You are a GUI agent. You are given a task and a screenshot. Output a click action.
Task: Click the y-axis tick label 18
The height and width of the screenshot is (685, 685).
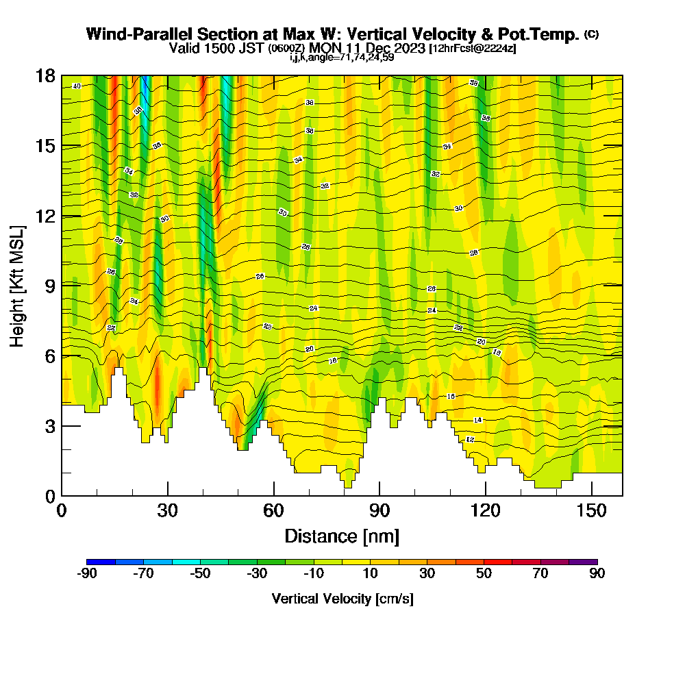click(45, 75)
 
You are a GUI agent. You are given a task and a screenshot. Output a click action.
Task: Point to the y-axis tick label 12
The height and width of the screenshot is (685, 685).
click(45, 216)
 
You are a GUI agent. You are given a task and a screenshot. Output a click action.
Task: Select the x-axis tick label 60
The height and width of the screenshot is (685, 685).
click(274, 510)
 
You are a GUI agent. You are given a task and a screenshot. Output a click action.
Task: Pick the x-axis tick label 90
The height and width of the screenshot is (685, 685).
click(379, 510)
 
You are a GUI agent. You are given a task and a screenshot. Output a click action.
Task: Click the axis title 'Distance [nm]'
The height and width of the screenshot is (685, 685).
click(342, 535)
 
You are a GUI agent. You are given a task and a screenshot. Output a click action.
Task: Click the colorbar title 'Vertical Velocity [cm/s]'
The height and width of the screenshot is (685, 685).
click(342, 599)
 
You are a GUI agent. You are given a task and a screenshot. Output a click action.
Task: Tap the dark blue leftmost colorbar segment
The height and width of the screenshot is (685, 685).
click(101, 562)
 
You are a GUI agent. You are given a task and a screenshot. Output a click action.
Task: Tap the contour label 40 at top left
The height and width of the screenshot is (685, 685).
click(76, 86)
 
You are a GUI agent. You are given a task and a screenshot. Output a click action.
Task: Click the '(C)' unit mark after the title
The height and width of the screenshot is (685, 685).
click(591, 34)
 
